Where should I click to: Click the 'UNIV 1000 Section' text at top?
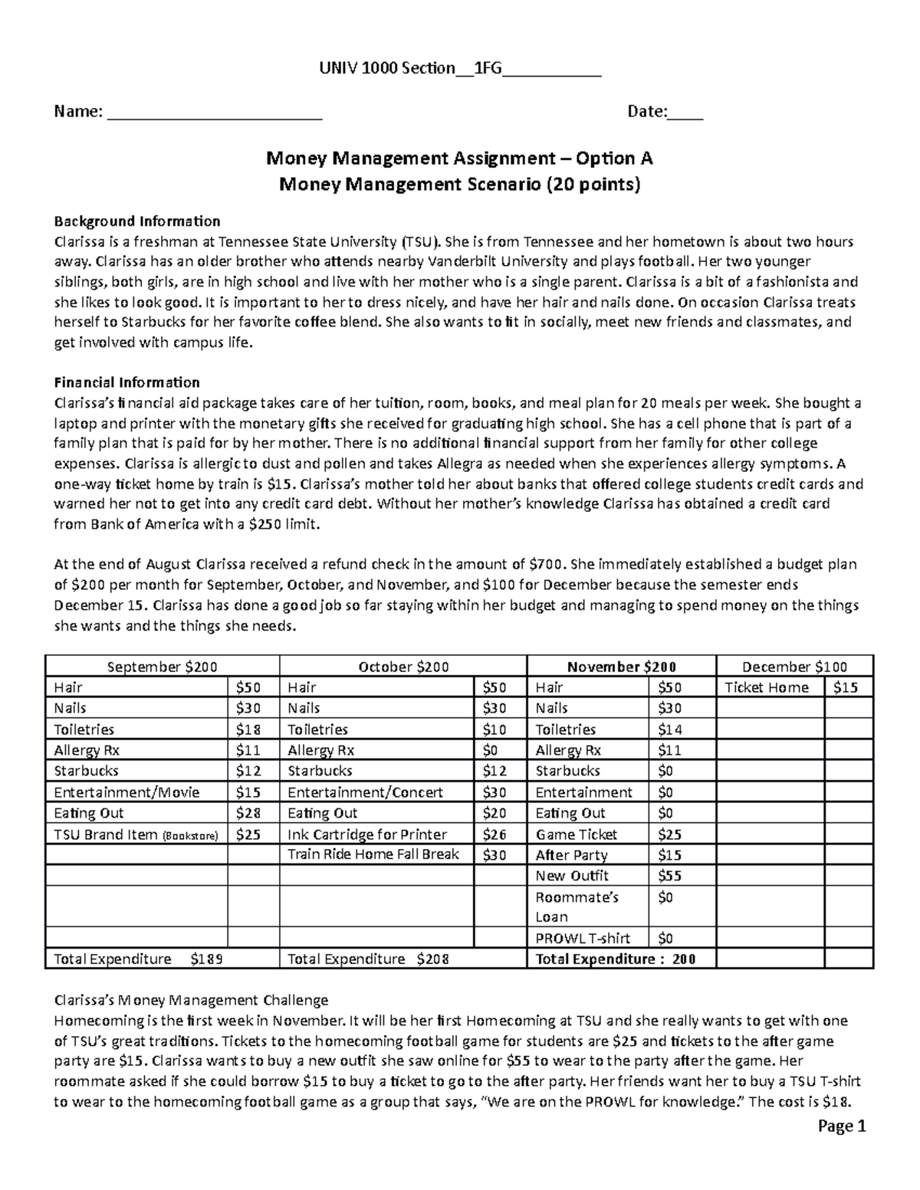click(386, 69)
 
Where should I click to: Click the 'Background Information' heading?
click(136, 221)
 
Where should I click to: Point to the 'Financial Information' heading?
click(127, 382)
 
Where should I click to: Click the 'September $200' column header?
click(162, 667)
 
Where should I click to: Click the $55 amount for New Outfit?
click(669, 876)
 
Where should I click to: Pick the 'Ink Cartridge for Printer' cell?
click(366, 834)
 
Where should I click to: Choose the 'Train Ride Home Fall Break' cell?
click(373, 854)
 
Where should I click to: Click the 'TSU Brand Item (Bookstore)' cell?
click(136, 834)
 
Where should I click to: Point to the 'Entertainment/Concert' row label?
click(356, 792)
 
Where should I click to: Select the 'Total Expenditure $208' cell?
click(368, 959)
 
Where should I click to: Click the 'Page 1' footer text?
click(841, 1126)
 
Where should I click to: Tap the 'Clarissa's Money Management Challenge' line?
click(190, 1000)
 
